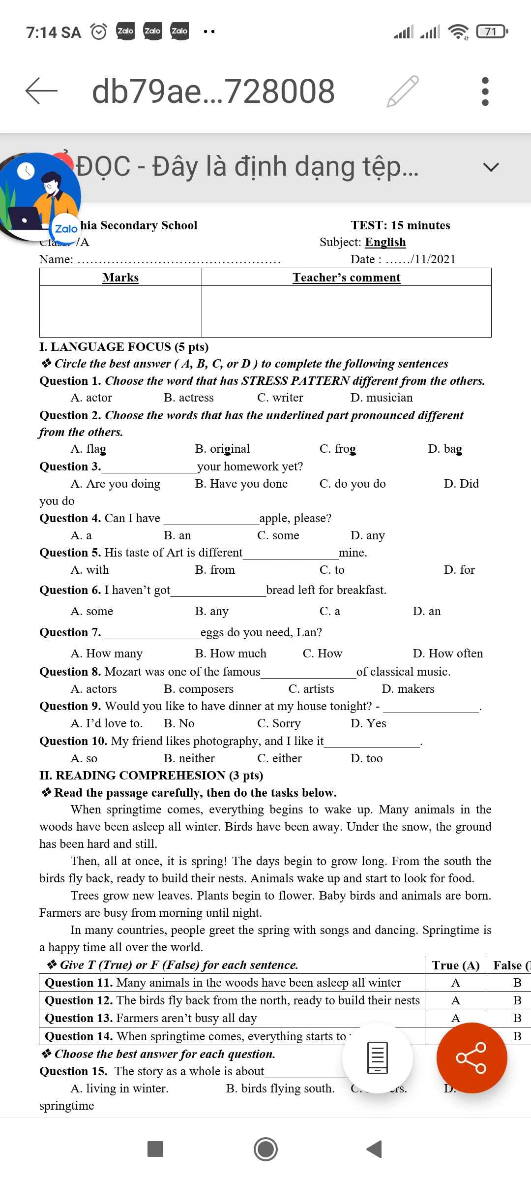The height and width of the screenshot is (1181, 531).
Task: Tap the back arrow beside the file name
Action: pyautogui.click(x=41, y=91)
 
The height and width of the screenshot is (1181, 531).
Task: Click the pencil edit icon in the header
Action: pyautogui.click(x=403, y=91)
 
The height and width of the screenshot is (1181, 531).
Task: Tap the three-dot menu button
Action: pyautogui.click(x=485, y=91)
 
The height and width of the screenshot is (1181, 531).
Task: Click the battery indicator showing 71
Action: pyautogui.click(x=492, y=32)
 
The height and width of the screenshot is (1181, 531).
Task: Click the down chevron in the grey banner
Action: pyautogui.click(x=491, y=167)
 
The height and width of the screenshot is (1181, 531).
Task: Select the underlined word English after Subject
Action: pyautogui.click(x=385, y=242)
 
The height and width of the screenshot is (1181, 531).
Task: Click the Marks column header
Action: pyautogui.click(x=120, y=278)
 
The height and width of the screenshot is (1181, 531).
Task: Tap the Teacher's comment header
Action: pyautogui.click(x=347, y=278)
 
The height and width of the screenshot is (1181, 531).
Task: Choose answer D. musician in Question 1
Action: pyautogui.click(x=382, y=398)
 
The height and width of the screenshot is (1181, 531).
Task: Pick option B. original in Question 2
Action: pyautogui.click(x=222, y=449)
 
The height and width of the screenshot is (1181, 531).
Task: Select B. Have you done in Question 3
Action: pyautogui.click(x=241, y=484)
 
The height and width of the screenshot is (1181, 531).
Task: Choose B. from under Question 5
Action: pyautogui.click(x=215, y=570)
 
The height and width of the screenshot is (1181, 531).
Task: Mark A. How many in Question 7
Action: pyautogui.click(x=107, y=653)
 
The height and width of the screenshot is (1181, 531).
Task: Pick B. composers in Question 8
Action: pyautogui.click(x=199, y=689)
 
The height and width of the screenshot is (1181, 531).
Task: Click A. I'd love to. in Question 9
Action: pyautogui.click(x=107, y=723)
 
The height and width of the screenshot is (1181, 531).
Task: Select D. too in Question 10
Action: pyautogui.click(x=366, y=758)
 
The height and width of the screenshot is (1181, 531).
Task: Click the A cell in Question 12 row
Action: pyautogui.click(x=456, y=1000)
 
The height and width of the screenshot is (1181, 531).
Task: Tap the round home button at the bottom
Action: pyautogui.click(x=265, y=1149)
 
